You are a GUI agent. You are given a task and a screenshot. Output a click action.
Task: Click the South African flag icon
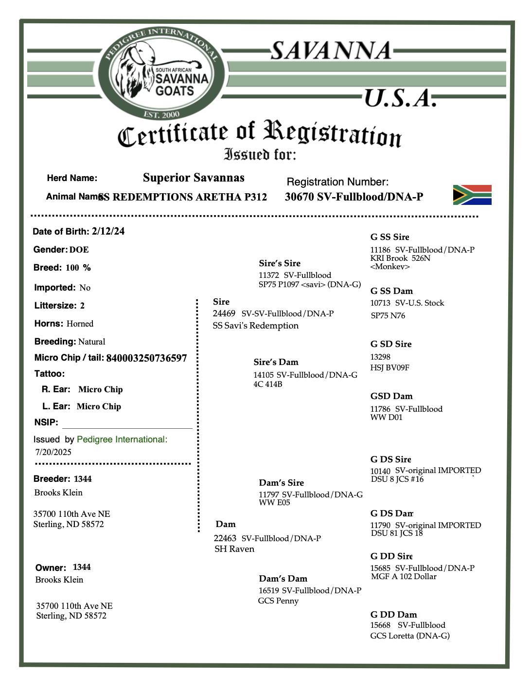[x=472, y=195]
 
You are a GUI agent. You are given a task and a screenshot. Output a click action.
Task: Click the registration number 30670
[x=299, y=197]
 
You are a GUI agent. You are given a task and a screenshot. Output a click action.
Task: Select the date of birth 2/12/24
[x=108, y=231]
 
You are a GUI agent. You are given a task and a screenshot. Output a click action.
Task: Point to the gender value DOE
[x=79, y=250]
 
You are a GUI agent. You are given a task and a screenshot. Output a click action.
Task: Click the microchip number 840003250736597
[x=146, y=358]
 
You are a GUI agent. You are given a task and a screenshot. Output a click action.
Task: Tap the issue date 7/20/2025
[x=53, y=452]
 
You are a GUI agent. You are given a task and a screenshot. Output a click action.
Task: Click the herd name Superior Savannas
[x=194, y=178]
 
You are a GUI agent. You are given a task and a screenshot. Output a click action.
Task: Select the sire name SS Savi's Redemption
[x=256, y=326]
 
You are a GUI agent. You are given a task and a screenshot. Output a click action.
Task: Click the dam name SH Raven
[x=234, y=549]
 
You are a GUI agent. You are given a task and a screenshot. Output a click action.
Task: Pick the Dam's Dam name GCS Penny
[x=278, y=601]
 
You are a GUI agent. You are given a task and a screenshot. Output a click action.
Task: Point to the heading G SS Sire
[x=389, y=237]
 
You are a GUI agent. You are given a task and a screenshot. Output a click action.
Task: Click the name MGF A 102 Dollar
[x=404, y=577]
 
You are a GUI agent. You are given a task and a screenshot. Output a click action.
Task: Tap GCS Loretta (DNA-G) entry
[x=409, y=636]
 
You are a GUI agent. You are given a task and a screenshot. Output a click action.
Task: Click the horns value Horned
[x=80, y=324]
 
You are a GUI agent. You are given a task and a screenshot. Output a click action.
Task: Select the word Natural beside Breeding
[x=91, y=342]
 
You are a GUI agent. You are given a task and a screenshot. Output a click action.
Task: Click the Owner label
[x=51, y=568]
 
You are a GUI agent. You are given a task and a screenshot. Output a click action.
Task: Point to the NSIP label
[x=46, y=422]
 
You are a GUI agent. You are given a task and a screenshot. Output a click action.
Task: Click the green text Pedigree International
[x=122, y=439]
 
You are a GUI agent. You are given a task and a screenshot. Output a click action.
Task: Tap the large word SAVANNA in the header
[x=331, y=51]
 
